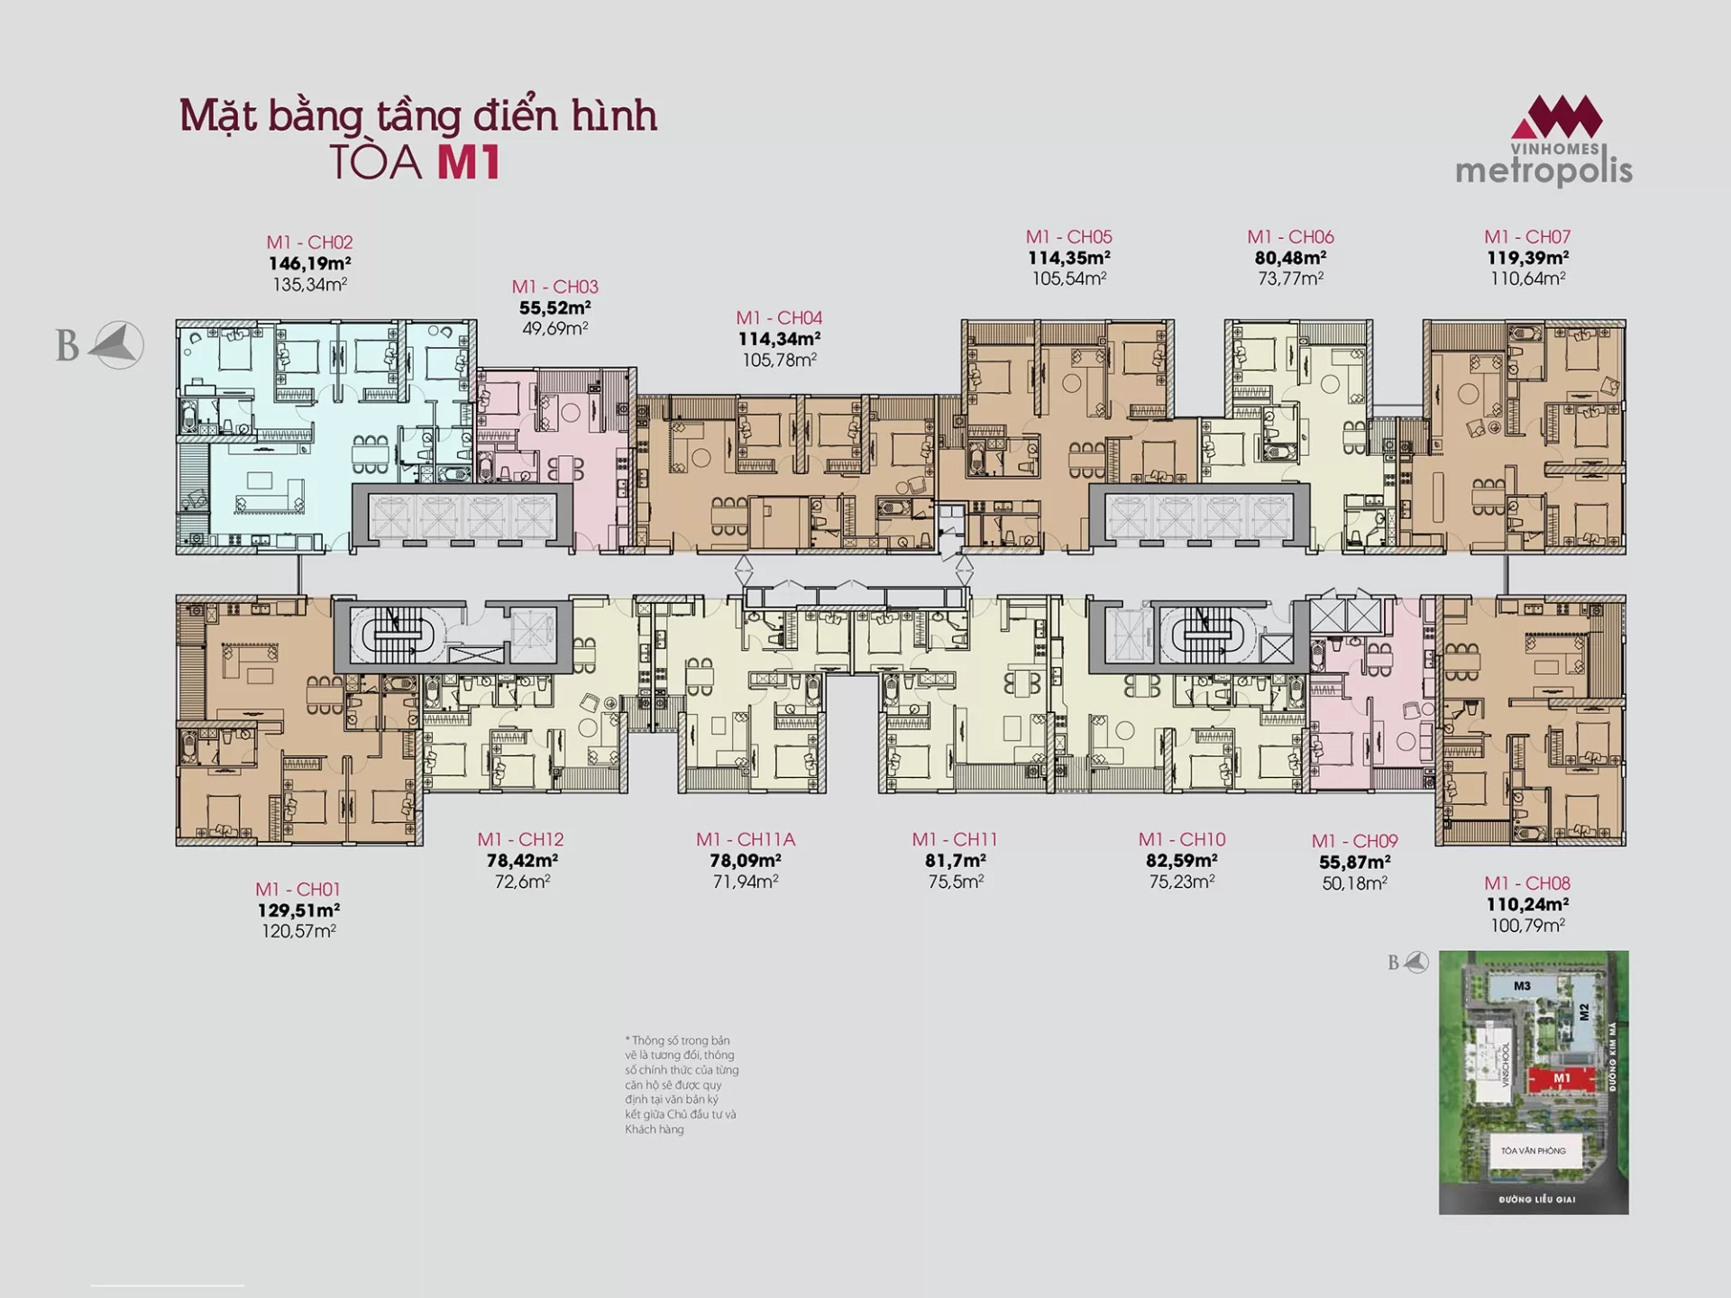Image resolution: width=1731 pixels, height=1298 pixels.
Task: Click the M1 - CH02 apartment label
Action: point(309,242)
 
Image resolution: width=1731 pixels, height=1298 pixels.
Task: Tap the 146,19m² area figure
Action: point(309,263)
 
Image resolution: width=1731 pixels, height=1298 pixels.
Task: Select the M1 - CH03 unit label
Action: point(555,287)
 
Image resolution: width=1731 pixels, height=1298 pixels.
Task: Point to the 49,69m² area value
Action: point(555,328)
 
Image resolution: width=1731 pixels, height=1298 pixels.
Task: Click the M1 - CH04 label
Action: point(779,318)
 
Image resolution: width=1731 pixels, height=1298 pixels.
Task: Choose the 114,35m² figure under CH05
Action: point(1069,258)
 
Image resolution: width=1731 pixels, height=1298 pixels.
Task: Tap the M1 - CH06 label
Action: point(1290,237)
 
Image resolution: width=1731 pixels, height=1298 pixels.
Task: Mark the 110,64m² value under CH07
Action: point(1527,279)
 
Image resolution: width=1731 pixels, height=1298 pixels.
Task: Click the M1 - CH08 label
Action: point(1527,883)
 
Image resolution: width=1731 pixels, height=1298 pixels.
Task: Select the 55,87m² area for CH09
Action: point(1354,863)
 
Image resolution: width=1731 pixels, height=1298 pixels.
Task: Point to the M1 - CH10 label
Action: point(1182,839)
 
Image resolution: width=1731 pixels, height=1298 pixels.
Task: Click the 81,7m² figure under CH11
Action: point(956,861)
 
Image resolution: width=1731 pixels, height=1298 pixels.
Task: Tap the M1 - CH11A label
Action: point(746,839)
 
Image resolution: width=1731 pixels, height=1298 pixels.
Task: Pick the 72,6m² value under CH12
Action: point(522,882)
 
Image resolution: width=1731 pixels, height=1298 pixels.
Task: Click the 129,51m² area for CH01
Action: point(298,910)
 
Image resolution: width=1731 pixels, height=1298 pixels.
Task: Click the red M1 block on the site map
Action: point(1562,1078)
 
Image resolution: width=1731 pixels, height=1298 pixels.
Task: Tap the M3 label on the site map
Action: point(1523,986)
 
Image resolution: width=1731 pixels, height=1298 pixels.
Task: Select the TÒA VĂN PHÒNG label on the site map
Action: point(1534,1151)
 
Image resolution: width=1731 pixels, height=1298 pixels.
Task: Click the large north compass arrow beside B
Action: point(117,345)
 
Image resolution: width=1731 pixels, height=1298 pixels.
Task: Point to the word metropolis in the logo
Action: point(1544,170)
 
